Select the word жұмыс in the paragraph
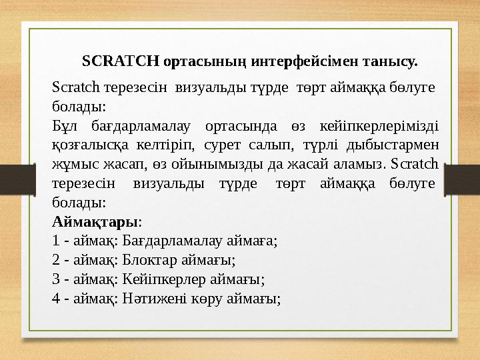(70, 163)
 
